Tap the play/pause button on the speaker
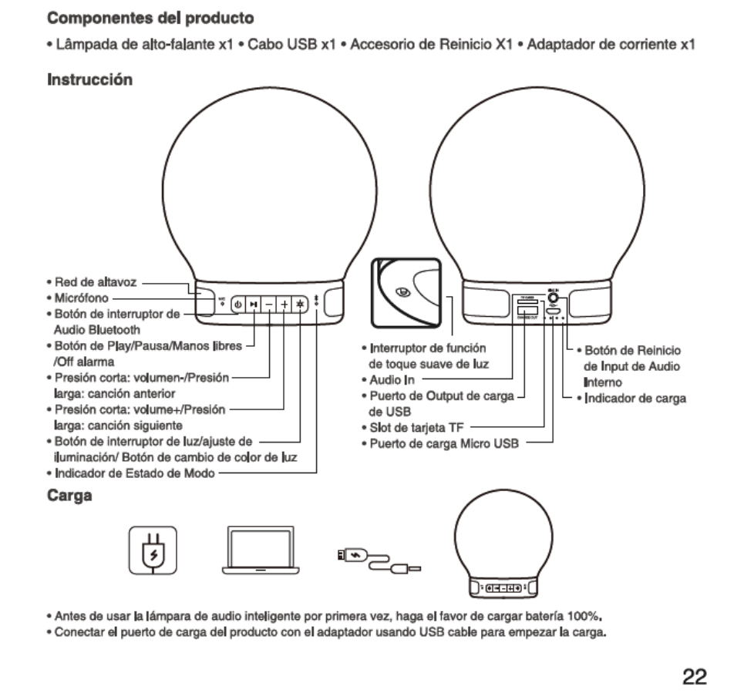coord(253,304)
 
